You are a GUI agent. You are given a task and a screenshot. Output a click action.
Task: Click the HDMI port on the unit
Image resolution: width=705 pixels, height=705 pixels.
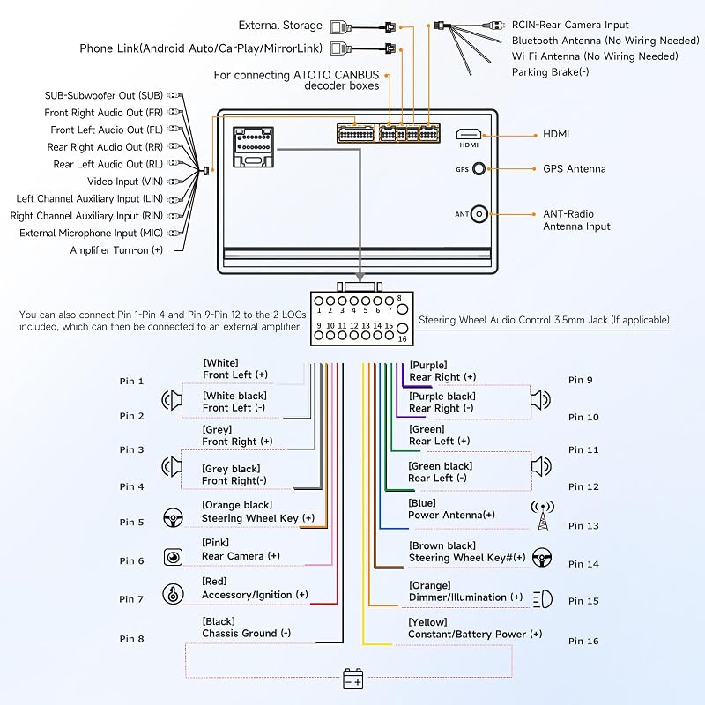click(x=469, y=134)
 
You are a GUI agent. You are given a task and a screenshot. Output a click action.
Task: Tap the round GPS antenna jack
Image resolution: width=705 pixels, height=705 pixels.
click(x=479, y=169)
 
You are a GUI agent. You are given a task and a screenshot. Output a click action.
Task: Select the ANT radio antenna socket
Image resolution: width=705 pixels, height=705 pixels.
click(x=479, y=214)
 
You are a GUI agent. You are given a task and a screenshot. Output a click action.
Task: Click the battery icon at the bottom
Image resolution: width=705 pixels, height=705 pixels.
click(x=353, y=679)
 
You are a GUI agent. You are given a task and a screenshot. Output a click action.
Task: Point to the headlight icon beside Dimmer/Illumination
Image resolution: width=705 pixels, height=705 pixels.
click(x=543, y=599)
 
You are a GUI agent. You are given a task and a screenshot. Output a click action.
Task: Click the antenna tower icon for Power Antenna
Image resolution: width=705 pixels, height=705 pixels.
click(x=543, y=515)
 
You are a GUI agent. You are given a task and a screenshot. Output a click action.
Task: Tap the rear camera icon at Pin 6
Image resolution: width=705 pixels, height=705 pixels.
click(x=173, y=558)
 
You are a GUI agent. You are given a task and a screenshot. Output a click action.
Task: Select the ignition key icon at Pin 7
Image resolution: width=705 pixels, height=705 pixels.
click(x=173, y=594)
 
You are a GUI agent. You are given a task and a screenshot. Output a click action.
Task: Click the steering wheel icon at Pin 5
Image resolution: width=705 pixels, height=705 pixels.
click(x=173, y=518)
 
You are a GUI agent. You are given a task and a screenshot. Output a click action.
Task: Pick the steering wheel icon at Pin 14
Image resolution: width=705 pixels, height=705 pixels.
click(x=542, y=558)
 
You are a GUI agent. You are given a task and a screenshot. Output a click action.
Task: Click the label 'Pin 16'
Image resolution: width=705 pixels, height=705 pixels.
click(x=583, y=642)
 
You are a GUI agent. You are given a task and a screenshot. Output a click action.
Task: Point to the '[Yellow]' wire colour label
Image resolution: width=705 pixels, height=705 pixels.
click(x=427, y=622)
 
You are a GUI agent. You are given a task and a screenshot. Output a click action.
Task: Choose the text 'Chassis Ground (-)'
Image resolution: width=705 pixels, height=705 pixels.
click(x=247, y=634)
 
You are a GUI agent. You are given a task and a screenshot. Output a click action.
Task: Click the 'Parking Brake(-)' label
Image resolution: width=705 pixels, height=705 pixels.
click(x=550, y=72)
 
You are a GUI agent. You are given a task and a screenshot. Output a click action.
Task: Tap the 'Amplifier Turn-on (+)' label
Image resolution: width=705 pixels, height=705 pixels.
click(x=116, y=250)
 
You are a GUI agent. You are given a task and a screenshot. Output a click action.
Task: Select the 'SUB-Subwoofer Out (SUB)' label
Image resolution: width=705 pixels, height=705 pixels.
click(x=104, y=95)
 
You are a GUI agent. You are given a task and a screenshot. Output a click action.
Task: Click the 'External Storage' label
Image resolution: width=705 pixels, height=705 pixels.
click(x=280, y=26)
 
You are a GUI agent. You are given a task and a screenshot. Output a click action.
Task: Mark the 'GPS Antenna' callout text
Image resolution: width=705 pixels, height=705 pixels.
click(x=575, y=169)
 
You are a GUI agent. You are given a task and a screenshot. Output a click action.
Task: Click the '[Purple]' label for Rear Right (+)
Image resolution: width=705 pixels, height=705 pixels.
click(x=428, y=365)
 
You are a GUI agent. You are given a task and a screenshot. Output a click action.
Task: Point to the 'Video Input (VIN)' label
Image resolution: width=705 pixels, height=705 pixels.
click(x=125, y=182)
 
